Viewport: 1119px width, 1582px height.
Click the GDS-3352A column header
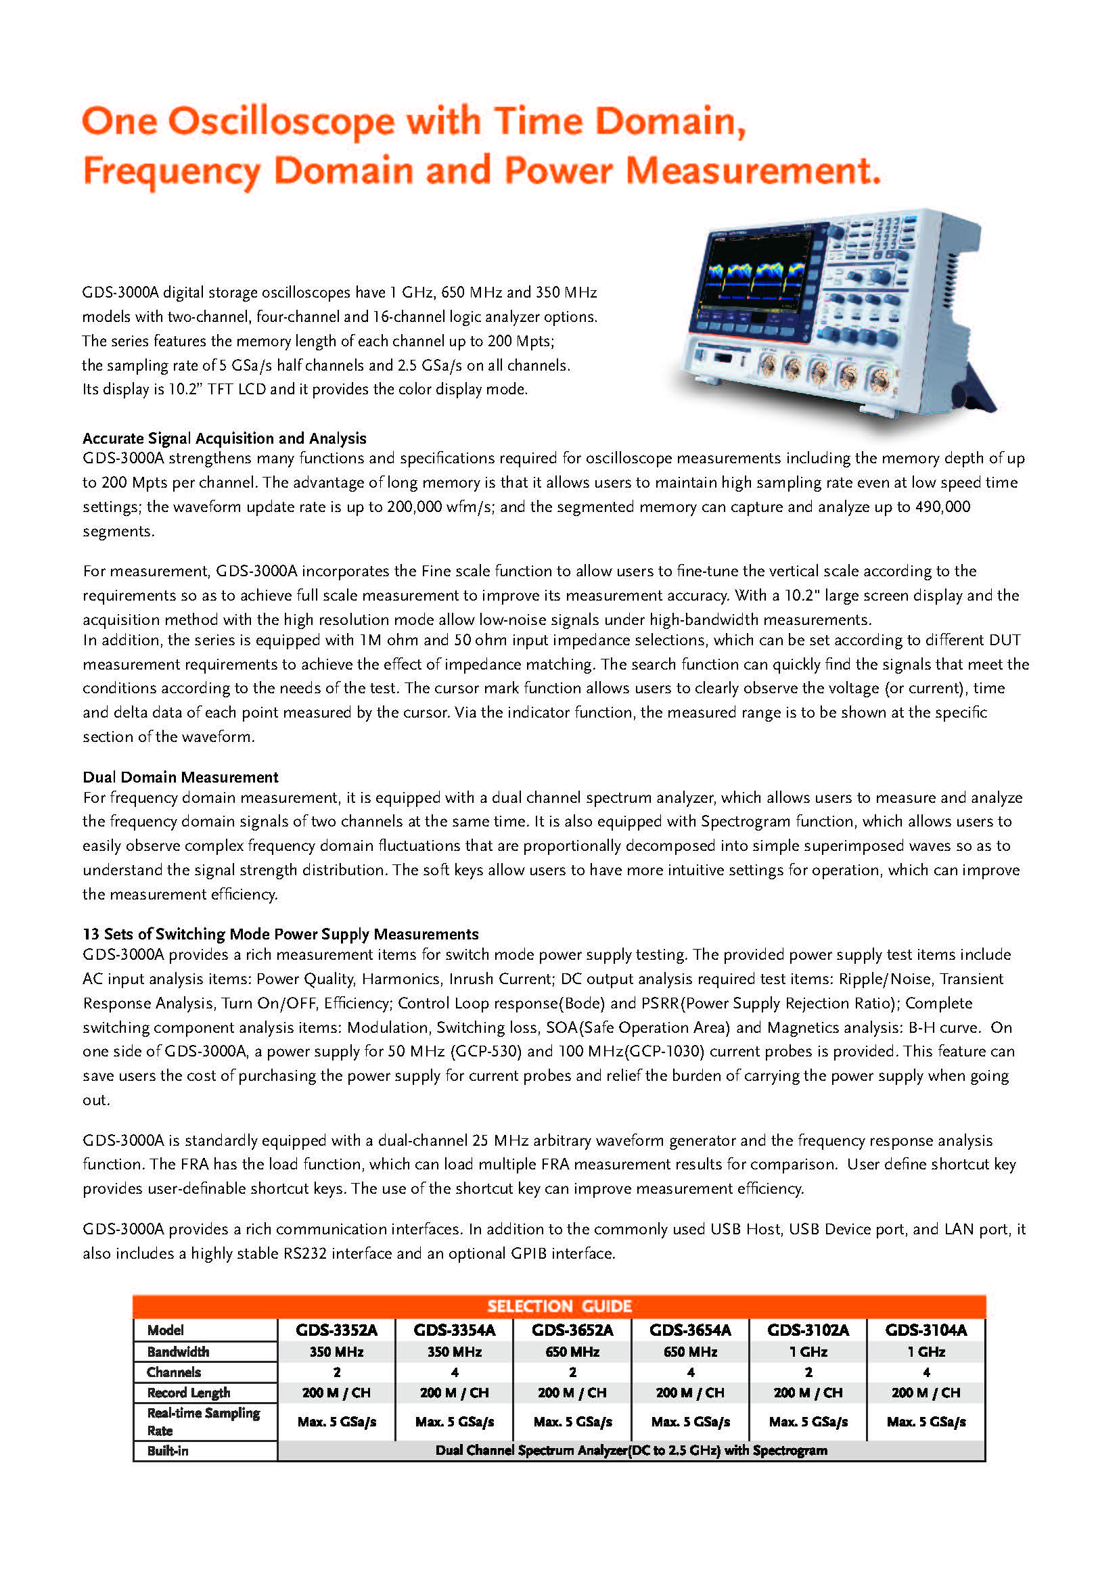tap(336, 1330)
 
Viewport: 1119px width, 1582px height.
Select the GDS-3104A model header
tap(926, 1330)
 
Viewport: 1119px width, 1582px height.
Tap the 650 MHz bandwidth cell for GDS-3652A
tap(572, 1352)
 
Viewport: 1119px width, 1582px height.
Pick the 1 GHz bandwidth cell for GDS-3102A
tap(808, 1352)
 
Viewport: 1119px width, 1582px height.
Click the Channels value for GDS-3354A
tap(454, 1372)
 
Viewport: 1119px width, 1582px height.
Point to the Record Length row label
tap(188, 1393)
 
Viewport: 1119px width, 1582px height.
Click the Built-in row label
tap(167, 1450)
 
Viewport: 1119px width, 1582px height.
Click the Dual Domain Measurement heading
tap(181, 777)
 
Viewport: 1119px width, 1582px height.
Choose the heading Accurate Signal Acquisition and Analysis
tap(224, 438)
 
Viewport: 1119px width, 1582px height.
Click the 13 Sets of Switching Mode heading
tap(281, 933)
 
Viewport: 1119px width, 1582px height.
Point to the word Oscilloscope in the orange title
tap(281, 121)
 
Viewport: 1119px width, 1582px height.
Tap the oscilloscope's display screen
tap(758, 275)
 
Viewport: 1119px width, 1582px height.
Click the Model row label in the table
tap(165, 1330)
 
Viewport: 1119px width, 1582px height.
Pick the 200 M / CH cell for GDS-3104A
tap(926, 1393)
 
